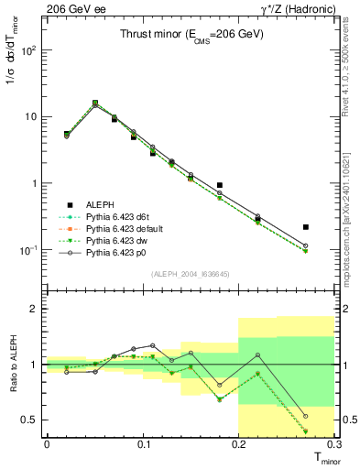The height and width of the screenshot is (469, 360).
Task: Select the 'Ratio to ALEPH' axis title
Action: [x=13, y=365]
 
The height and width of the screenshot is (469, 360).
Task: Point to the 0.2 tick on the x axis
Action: [x=238, y=443]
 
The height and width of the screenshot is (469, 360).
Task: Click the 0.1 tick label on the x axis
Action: [x=142, y=443]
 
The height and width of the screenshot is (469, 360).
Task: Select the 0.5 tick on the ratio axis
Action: [x=30, y=420]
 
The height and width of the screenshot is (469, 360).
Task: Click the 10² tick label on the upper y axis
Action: [x=29, y=50]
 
